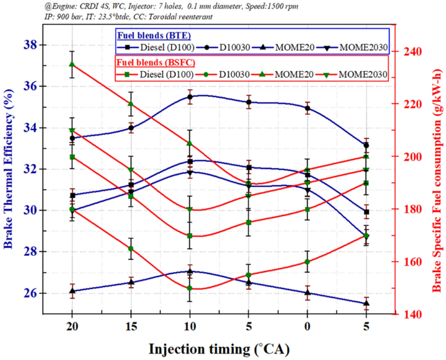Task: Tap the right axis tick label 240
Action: (415, 51)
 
